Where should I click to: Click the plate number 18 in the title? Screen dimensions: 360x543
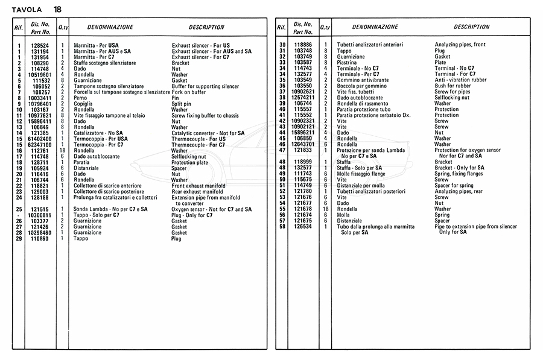[57, 9]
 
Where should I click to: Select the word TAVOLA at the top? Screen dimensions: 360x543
[27, 9]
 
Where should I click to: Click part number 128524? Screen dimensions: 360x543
[40, 45]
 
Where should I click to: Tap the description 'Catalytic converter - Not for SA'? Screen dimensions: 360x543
[208, 133]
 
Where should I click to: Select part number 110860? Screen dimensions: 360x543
[40, 239]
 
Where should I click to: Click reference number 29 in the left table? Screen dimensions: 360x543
[19, 239]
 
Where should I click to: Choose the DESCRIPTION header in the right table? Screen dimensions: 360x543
[471, 27]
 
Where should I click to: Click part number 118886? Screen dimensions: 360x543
[303, 45]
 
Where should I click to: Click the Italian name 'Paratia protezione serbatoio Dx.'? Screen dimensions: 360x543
[377, 115]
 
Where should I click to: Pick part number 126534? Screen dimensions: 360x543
[303, 227]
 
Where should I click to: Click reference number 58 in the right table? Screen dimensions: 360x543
[282, 227]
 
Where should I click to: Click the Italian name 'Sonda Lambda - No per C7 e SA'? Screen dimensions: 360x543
[110, 209]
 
